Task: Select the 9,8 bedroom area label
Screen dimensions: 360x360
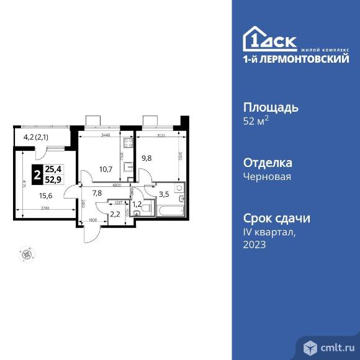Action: tap(147, 157)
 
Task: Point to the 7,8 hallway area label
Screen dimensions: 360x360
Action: tap(97, 193)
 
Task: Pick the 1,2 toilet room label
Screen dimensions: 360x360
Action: tap(137, 203)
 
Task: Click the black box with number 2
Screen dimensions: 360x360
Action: tap(38, 175)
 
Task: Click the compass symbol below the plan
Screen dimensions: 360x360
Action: tap(26, 253)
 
